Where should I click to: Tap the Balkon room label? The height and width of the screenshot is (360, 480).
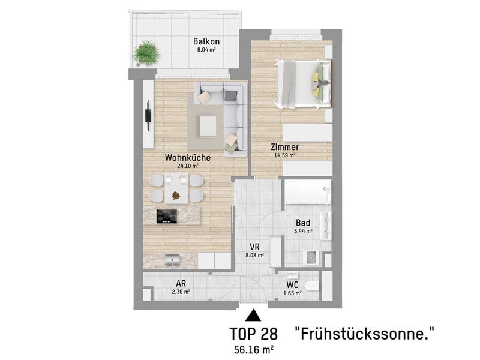coord(206,41)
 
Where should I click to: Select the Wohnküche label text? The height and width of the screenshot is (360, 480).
coord(187,158)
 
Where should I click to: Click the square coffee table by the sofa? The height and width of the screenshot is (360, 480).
coord(208,124)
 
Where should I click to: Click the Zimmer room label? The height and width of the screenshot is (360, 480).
coord(284,147)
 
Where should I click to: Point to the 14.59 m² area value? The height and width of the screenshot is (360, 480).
coord(284,155)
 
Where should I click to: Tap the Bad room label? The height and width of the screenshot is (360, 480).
coord(303,223)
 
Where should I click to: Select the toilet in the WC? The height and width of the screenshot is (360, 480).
coord(311,285)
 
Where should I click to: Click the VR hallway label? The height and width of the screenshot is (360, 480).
coord(254,246)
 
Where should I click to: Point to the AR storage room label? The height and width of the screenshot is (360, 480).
coord(181,284)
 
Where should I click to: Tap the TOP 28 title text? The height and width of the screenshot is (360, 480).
coord(254,334)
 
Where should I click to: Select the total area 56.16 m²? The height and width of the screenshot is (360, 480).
coord(254,348)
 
